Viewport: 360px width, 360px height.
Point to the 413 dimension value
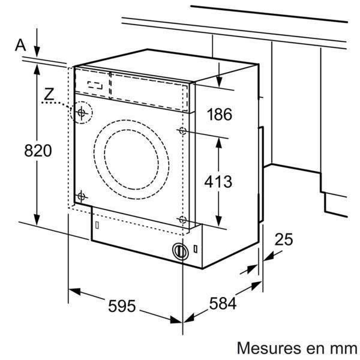217,181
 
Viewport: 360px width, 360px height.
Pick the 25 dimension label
283,239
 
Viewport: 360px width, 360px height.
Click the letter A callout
22,44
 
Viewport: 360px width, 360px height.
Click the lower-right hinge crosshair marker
182,220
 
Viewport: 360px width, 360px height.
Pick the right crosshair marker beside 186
182,130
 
